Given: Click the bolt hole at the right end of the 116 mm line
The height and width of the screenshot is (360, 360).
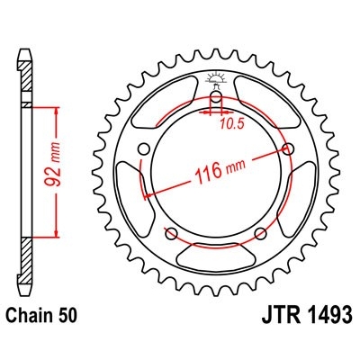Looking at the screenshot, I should (288, 148).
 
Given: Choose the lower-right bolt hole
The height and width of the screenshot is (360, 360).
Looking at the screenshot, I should (259, 234).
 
